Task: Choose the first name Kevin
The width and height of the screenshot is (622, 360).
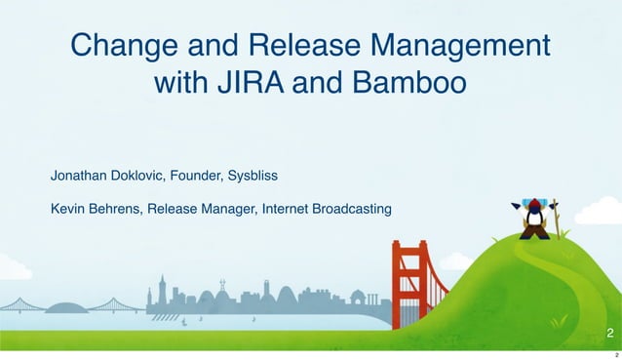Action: tap(67, 208)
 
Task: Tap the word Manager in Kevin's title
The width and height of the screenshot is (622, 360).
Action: tap(230, 208)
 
